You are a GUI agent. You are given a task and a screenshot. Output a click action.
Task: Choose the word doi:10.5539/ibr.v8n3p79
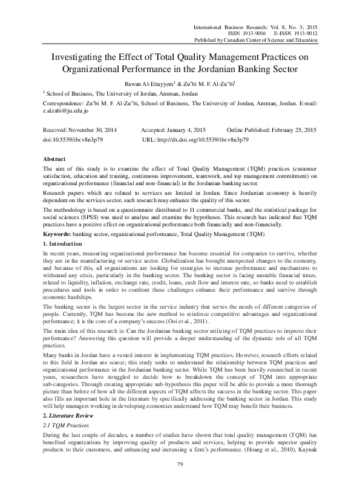74,139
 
